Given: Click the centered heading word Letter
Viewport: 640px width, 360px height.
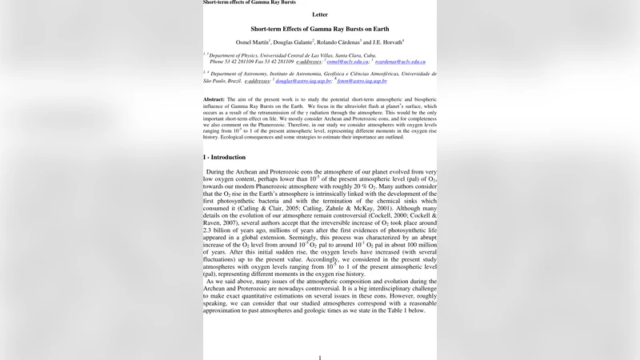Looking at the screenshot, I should point(320,14).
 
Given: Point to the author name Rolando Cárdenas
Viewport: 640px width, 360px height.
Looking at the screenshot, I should point(338,41).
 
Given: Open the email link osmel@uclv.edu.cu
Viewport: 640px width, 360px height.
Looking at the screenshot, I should point(347,62).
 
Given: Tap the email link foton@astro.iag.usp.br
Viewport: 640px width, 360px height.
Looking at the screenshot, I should point(362,81).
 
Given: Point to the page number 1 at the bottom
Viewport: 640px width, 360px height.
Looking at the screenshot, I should point(320,358).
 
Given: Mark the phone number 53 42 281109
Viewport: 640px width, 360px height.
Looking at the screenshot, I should point(240,62).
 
